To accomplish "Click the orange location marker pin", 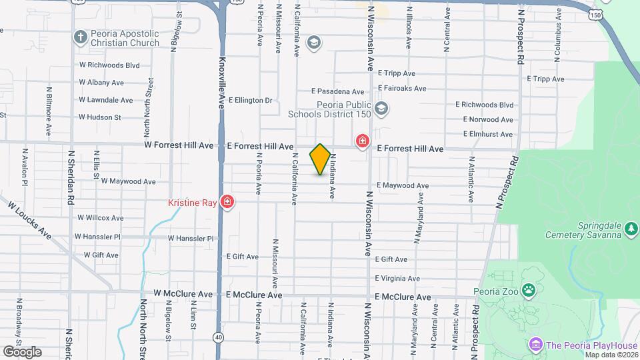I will [320, 159].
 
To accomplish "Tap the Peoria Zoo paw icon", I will [529, 290].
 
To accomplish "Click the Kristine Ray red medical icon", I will [227, 201].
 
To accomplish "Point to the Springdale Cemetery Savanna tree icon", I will [631, 229].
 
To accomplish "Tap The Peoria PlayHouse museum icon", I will [535, 345].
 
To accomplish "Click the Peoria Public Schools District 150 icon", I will [381, 109].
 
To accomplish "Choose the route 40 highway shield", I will [219, 337].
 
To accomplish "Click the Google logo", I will [22, 351].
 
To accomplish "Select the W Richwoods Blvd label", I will [109, 65].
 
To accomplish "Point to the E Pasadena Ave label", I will [338, 91].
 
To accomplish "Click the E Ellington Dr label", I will [251, 101].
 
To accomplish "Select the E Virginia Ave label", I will [397, 279].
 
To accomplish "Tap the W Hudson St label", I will [99, 117].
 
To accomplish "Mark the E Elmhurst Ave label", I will [489, 134].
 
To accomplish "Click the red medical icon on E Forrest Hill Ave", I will [363, 141].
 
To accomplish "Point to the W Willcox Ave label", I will [101, 217].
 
